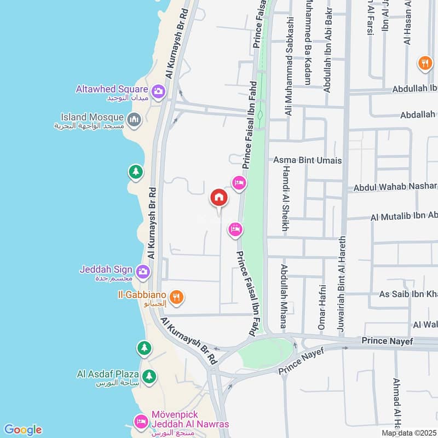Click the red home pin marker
(x=218, y=198)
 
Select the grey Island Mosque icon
(x=134, y=118)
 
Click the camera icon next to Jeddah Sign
(x=142, y=270)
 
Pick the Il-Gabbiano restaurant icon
(x=176, y=297)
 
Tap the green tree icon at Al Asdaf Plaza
(x=148, y=376)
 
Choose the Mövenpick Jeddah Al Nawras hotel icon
(x=140, y=422)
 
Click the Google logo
(x=22, y=430)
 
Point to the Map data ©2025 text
(x=408, y=433)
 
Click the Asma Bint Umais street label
(x=307, y=160)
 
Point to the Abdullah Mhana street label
(x=283, y=296)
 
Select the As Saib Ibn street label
(x=408, y=294)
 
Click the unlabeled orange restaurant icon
(x=425, y=64)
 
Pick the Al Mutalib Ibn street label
(x=404, y=217)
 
